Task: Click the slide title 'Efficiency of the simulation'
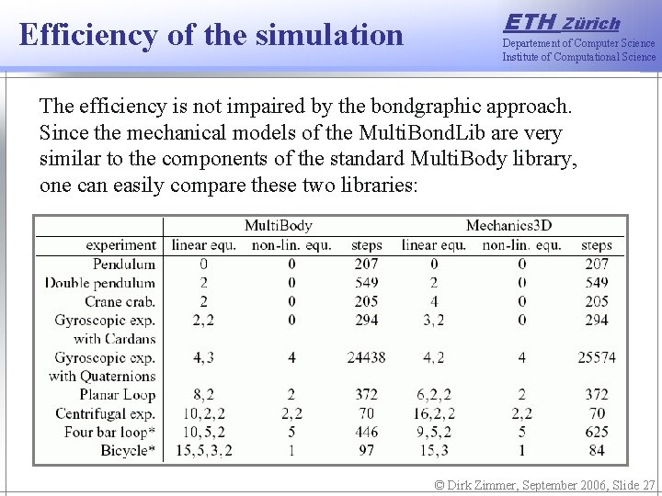(x=211, y=35)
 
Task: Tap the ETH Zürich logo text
(x=563, y=22)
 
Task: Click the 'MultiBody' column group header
(x=278, y=225)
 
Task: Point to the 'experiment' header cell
(x=120, y=245)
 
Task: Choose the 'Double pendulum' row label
(x=100, y=283)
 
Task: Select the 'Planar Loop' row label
(x=118, y=395)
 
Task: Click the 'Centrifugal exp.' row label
(x=106, y=413)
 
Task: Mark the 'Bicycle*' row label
(x=124, y=450)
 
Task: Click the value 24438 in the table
(x=366, y=357)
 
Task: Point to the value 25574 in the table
(x=596, y=357)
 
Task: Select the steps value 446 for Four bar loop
(x=366, y=432)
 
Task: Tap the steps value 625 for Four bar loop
(x=596, y=432)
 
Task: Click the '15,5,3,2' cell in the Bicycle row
(x=202, y=450)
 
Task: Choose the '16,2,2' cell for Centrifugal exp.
(x=434, y=413)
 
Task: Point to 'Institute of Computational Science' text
(x=578, y=57)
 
